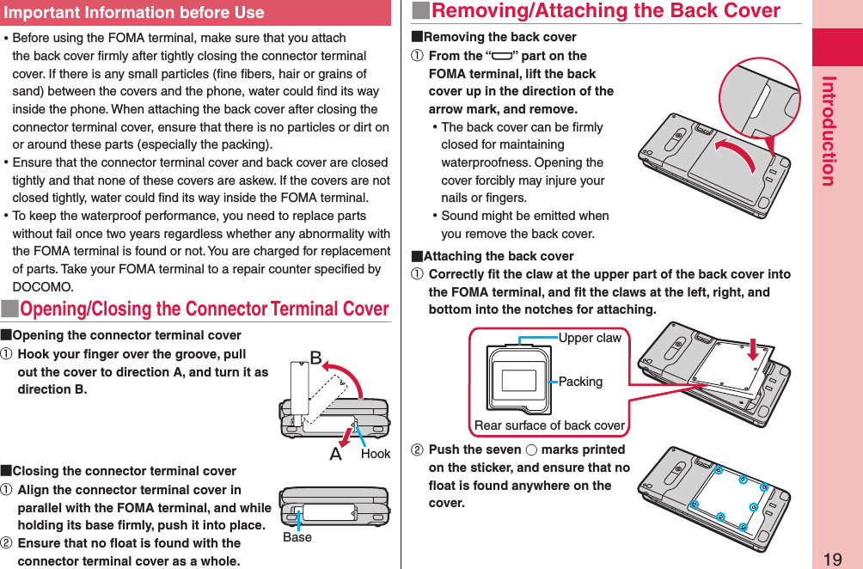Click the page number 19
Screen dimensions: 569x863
tap(831, 560)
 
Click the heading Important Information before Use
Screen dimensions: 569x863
tap(134, 12)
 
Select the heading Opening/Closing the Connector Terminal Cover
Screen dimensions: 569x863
tap(204, 309)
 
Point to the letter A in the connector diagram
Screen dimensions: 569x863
tap(336, 454)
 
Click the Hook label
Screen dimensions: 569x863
tap(376, 454)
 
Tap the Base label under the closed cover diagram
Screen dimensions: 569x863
tap(297, 537)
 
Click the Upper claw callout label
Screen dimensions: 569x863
tap(590, 338)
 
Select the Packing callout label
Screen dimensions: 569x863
tap(580, 382)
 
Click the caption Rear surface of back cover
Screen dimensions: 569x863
tap(549, 425)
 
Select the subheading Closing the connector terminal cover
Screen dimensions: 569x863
tap(124, 471)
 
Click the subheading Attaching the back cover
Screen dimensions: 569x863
tap(499, 256)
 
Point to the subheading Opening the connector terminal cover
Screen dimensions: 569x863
tap(126, 335)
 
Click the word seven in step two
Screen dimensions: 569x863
tap(504, 450)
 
